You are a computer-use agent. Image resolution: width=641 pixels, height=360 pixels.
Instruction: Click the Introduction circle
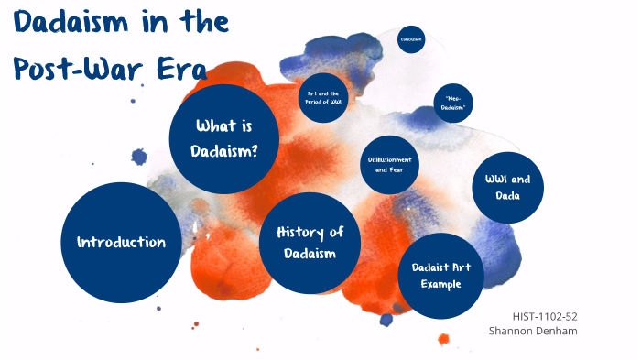click(121, 243)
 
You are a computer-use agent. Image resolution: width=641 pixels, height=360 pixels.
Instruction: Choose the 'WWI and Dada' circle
click(507, 188)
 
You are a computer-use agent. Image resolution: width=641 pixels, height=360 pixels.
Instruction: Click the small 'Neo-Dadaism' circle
click(453, 104)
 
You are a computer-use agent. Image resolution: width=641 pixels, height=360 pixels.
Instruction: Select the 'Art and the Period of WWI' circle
click(323, 97)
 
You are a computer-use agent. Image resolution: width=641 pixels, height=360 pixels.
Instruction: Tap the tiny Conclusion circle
click(412, 39)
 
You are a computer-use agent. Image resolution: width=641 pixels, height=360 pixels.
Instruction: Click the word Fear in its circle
click(401, 170)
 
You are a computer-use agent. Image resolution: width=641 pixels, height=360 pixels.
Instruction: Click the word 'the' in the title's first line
click(207, 23)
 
